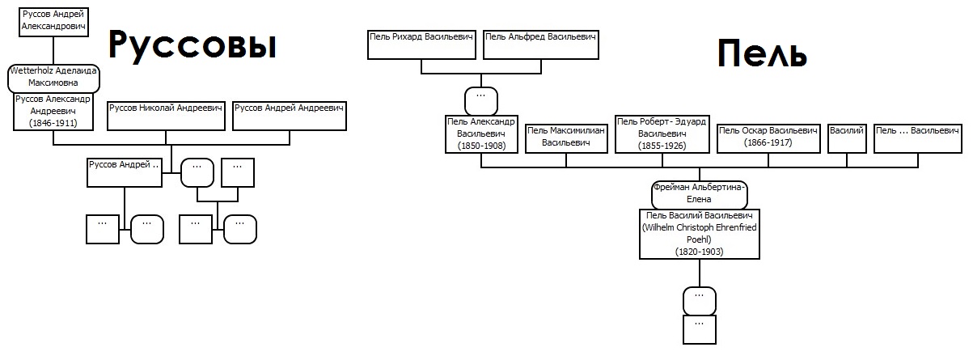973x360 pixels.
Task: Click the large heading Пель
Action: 763,53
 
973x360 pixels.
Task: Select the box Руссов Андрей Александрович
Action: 53,22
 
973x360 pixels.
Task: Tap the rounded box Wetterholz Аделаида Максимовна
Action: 53,78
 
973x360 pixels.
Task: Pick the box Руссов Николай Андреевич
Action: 166,116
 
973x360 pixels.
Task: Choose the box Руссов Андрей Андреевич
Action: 290,116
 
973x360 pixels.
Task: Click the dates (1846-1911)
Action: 53,123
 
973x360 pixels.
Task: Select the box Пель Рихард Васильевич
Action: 421,44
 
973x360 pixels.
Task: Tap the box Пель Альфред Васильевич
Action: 541,44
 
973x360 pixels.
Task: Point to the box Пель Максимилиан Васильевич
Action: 566,138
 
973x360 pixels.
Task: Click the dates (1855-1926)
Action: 662,146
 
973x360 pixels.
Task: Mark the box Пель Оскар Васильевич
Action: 768,138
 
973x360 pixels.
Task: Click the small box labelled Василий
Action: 847,138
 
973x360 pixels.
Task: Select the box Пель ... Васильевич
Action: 918,138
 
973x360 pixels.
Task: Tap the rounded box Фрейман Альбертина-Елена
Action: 700,195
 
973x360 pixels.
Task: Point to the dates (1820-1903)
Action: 700,252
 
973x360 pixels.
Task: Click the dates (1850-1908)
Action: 481,146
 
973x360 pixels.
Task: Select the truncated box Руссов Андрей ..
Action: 125,173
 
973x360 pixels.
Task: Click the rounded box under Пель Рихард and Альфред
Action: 481,101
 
